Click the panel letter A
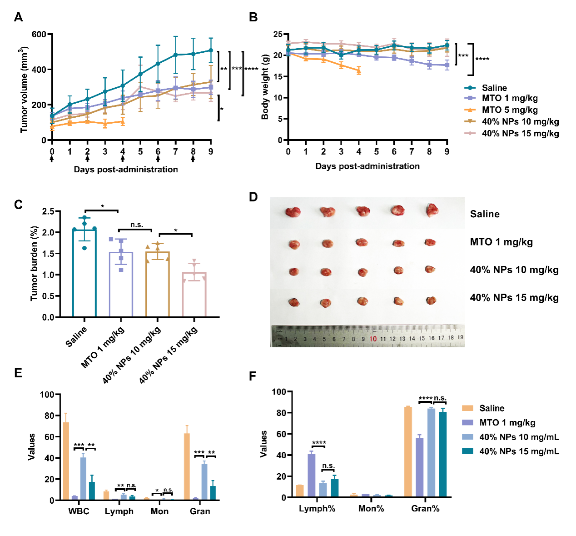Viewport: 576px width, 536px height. [18, 17]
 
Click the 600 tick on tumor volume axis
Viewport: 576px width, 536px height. [39, 35]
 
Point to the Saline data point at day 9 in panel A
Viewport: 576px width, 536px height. [211, 50]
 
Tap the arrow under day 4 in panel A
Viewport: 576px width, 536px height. [123, 159]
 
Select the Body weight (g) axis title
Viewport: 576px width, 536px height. [265, 87]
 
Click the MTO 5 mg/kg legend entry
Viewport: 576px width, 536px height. [510, 110]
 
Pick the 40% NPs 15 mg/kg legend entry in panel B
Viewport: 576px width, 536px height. [520, 133]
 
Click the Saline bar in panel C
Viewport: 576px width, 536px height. [84, 273]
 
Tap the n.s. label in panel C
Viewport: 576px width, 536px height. [137, 225]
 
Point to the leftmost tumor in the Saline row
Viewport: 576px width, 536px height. [293, 212]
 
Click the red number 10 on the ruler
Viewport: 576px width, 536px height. [373, 339]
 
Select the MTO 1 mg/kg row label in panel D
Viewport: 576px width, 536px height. [501, 242]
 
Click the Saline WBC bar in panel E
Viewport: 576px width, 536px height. [66, 461]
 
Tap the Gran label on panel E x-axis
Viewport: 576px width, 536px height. [200, 511]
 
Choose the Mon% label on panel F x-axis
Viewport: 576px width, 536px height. [371, 509]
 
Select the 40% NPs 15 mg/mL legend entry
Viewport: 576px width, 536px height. [519, 451]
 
